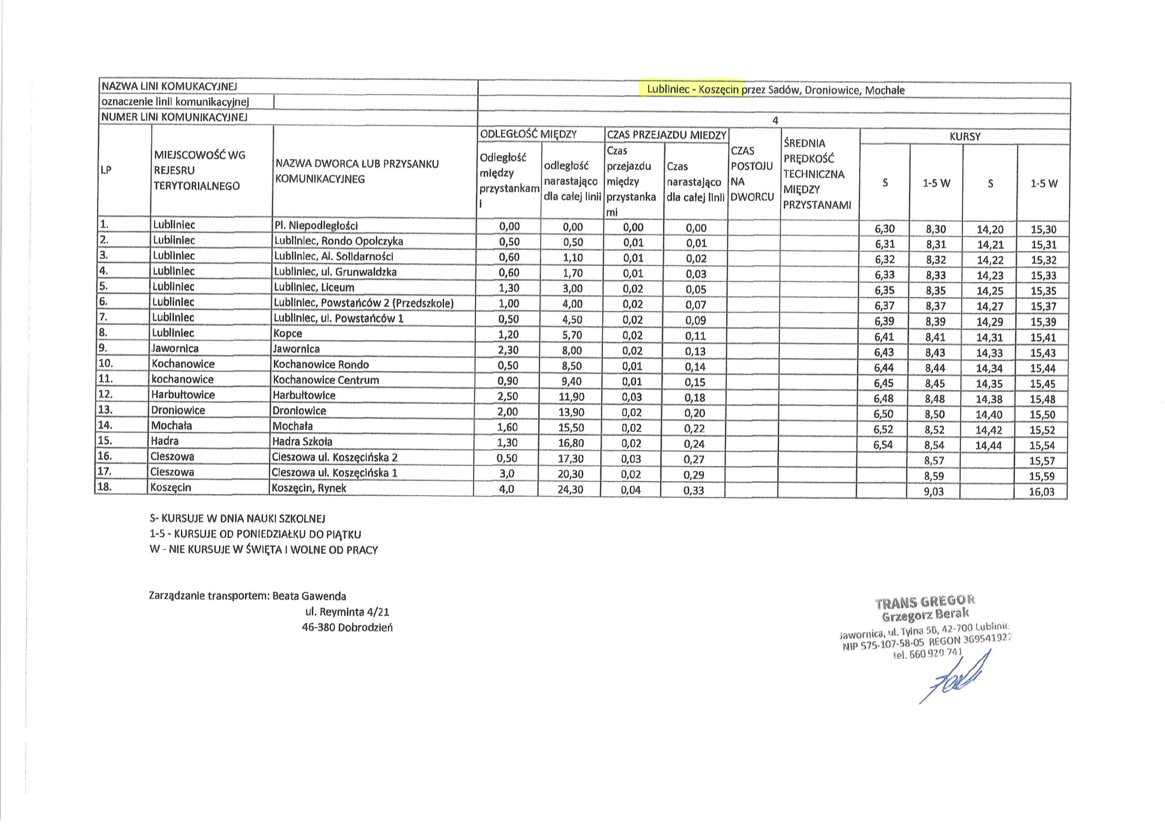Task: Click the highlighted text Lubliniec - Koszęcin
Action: [693, 90]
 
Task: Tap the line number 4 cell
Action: [775, 121]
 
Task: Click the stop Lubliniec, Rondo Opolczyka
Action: [339, 241]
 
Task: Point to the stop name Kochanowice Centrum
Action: [326, 380]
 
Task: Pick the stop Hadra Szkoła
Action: [303, 441]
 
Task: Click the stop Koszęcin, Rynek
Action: [309, 488]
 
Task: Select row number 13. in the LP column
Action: [106, 410]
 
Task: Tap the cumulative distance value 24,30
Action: [570, 490]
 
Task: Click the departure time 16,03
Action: [1042, 492]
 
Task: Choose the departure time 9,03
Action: [934, 492]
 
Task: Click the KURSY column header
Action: [965, 137]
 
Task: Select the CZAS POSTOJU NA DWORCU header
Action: [752, 173]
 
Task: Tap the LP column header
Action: [106, 171]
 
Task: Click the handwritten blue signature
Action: [954, 678]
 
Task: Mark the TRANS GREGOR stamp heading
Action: [924, 602]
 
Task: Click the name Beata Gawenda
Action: [309, 596]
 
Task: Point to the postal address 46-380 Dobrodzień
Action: [347, 627]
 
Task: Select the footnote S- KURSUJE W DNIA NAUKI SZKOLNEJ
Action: [237, 519]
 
